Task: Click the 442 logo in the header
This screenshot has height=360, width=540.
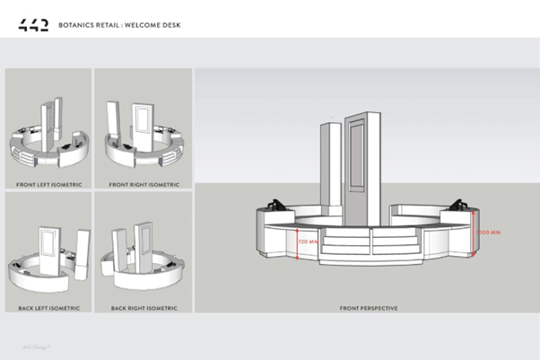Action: pos(33,24)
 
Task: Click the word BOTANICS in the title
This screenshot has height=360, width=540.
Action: pos(75,25)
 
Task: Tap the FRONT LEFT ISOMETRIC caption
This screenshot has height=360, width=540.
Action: pos(49,184)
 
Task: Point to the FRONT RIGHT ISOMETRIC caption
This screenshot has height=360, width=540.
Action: pos(144,184)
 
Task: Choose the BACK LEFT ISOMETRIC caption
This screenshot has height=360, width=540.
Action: pos(49,308)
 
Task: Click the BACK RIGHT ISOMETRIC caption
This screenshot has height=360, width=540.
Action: pos(144,308)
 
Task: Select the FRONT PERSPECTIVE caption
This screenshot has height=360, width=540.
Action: pos(368,308)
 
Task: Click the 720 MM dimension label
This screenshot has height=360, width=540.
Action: pos(308,241)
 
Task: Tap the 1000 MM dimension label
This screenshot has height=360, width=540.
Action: pos(489,232)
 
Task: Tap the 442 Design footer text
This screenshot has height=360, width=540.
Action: pos(36,346)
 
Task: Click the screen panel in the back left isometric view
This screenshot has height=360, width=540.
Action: pos(47,240)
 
